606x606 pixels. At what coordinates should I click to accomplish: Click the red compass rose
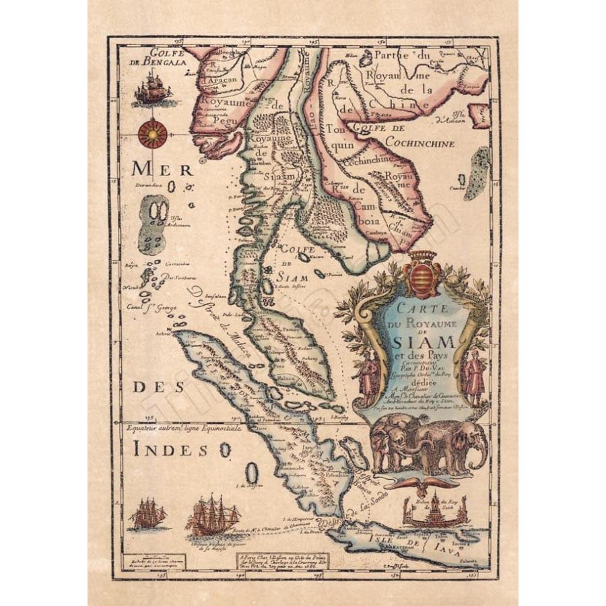153,135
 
